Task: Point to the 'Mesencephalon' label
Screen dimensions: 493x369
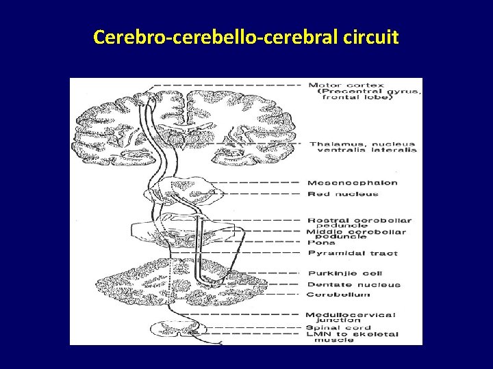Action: tap(352, 183)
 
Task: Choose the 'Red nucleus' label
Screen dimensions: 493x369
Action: tap(342, 194)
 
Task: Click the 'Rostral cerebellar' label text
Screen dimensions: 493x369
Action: tap(359, 220)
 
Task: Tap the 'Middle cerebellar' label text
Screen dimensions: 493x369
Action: tap(356, 232)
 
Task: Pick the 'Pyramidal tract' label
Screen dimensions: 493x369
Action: tap(353, 254)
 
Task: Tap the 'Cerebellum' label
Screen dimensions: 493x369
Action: tap(338, 295)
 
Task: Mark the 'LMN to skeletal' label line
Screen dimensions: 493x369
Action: tap(351, 334)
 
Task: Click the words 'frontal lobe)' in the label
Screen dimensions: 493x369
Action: tap(359, 97)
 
